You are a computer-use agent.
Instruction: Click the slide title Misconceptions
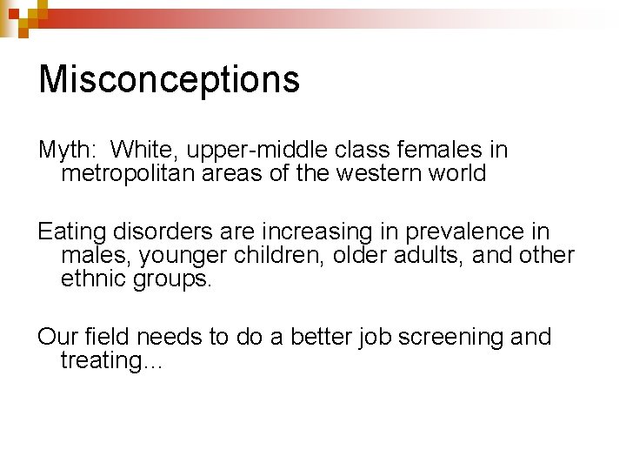click(169, 79)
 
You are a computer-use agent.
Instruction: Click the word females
click(439, 150)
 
